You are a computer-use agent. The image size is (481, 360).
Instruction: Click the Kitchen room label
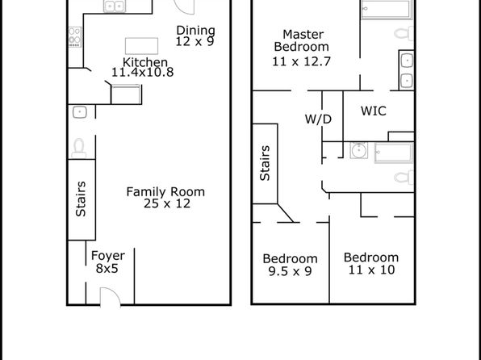coord(145,62)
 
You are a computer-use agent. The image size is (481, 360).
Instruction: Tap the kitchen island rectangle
coord(142,46)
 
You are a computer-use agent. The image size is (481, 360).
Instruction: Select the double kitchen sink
coord(115,6)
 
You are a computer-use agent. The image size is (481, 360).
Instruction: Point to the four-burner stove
coord(75,37)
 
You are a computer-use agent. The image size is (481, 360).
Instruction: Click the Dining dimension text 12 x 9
coord(194,41)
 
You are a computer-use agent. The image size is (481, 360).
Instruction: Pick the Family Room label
coord(165,192)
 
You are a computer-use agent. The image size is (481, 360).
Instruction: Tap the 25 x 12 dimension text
coord(167,203)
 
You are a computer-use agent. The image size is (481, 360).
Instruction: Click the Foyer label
coord(108,256)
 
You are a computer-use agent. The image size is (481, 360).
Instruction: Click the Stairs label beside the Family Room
coord(81,199)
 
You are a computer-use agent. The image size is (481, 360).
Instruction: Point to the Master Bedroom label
coord(302,40)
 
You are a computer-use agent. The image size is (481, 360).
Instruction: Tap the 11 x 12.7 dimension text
coord(302,61)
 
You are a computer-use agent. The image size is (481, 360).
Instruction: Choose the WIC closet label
coord(374,111)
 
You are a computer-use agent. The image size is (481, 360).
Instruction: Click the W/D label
coord(319,119)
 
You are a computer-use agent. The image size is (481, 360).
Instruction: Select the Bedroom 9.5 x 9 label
coord(291,265)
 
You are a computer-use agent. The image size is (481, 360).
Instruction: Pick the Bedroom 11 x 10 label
coord(371,264)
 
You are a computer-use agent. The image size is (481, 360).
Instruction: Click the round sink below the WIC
coord(359,150)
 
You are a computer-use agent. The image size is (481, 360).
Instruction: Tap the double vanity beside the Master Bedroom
coord(407,70)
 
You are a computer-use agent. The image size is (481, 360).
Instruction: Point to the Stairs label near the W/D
coord(265,163)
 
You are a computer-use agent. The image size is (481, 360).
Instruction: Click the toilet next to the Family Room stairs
coord(79,149)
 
